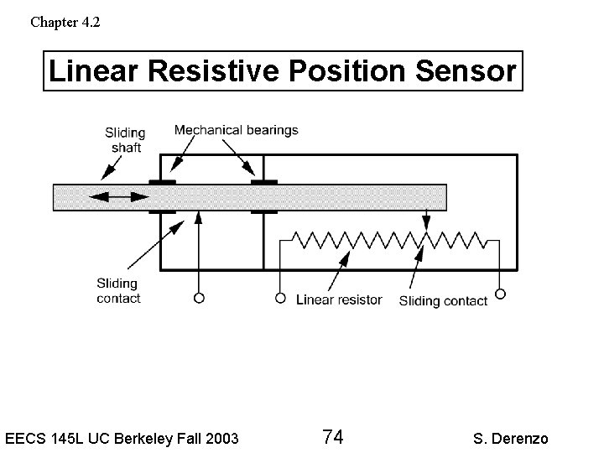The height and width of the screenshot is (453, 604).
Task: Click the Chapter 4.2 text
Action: pyautogui.click(x=65, y=22)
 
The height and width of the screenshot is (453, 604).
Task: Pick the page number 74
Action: pyautogui.click(x=332, y=437)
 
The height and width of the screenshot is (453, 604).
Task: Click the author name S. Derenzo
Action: pyautogui.click(x=511, y=438)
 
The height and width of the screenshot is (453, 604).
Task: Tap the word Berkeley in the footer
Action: pyautogui.click(x=159, y=438)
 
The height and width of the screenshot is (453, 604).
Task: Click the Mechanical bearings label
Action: pyautogui.click(x=236, y=130)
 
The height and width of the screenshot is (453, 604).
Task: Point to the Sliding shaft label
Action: pyautogui.click(x=125, y=140)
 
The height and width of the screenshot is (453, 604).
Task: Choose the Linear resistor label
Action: pyautogui.click(x=339, y=299)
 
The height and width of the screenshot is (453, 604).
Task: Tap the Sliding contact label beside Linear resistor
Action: pyautogui.click(x=443, y=300)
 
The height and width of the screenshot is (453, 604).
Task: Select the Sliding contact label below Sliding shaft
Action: pyautogui.click(x=118, y=290)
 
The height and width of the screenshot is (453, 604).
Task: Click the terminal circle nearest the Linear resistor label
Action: pyautogui.click(x=279, y=297)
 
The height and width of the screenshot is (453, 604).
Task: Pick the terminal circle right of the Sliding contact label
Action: pyautogui.click(x=501, y=294)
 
